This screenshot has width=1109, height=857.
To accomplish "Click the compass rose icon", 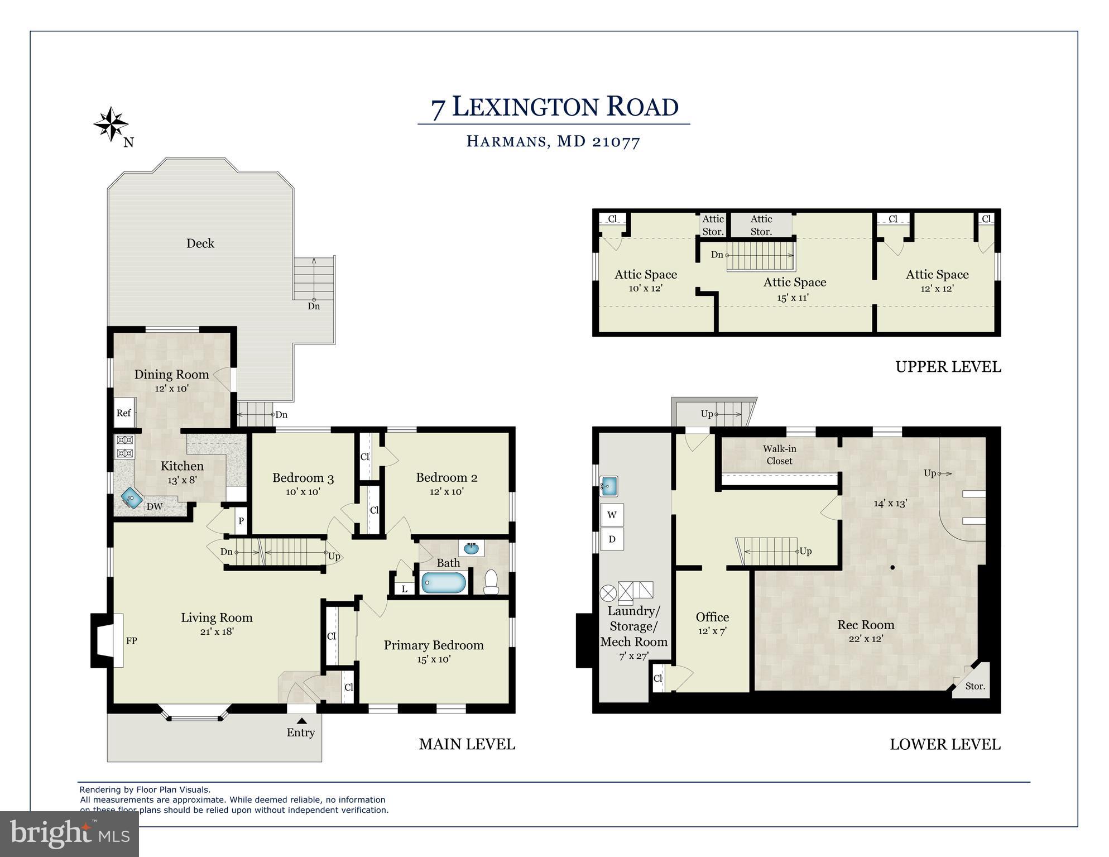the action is pyautogui.click(x=111, y=124).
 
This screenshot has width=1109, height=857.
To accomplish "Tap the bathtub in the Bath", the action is pyautogui.click(x=444, y=583).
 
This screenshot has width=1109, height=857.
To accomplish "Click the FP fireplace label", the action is pyautogui.click(x=131, y=641).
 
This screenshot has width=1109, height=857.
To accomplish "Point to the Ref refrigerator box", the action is pyautogui.click(x=124, y=413).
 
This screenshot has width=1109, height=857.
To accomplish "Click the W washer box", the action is pyautogui.click(x=612, y=515).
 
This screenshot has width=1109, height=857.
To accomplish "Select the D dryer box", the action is pyautogui.click(x=612, y=539).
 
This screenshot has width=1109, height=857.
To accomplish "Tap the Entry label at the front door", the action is pyautogui.click(x=301, y=732).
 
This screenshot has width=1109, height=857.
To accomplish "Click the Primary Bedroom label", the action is pyautogui.click(x=434, y=645).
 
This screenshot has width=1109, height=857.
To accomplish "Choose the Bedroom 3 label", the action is pyautogui.click(x=303, y=478).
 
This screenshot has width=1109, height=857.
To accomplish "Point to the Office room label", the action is pyautogui.click(x=712, y=617).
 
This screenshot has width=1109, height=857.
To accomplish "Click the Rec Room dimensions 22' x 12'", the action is pyautogui.click(x=866, y=639).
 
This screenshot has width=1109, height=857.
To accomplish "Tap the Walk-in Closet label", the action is pyautogui.click(x=779, y=454).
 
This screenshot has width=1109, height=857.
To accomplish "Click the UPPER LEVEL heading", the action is pyautogui.click(x=948, y=367).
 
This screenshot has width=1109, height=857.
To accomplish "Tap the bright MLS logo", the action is pyautogui.click(x=70, y=834).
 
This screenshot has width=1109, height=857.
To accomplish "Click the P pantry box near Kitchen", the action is pyautogui.click(x=241, y=521).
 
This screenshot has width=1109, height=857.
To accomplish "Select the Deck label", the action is pyautogui.click(x=200, y=243).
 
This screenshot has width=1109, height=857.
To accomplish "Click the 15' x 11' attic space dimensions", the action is pyautogui.click(x=793, y=298).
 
